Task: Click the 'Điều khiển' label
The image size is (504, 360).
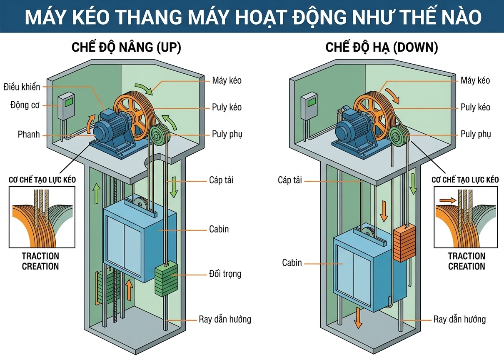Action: point(22,87)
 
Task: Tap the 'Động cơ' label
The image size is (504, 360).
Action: point(25,105)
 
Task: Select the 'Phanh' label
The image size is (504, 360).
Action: point(29,134)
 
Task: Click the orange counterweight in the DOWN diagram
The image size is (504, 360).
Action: point(402,243)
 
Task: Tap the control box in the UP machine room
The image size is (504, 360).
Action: point(66,106)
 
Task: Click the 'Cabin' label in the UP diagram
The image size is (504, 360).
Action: point(219,229)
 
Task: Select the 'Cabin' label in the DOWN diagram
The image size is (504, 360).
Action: point(292,263)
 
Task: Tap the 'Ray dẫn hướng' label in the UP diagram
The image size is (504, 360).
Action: point(225,320)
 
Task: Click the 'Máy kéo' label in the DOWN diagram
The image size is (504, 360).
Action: point(475,80)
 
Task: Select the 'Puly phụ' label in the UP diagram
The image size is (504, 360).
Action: point(227,134)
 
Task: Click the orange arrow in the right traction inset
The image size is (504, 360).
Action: point(447,200)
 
